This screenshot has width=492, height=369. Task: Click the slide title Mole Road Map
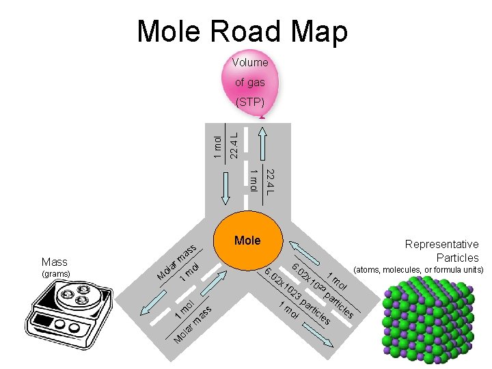click(242, 31)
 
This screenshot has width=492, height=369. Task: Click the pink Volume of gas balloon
click(249, 82)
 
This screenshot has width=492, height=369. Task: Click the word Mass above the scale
click(54, 262)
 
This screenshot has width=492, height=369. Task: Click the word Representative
click(441, 244)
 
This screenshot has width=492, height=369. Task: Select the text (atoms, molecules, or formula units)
click(418, 270)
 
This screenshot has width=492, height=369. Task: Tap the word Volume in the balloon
click(249, 62)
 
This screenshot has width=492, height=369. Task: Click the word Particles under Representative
click(457, 258)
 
